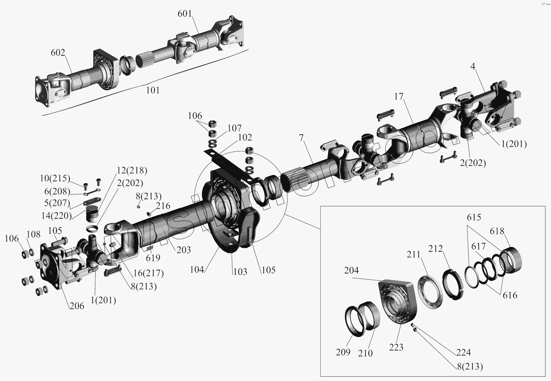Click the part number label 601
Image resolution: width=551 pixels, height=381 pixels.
click(185, 14)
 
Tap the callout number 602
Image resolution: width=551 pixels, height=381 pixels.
click(58, 53)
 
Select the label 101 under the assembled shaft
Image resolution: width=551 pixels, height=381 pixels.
click(153, 90)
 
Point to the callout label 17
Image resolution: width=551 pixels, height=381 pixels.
click(399, 97)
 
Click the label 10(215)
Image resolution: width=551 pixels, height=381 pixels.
click(55, 178)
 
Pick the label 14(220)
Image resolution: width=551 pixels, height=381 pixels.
click(56, 215)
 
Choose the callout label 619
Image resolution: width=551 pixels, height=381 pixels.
click(153, 258)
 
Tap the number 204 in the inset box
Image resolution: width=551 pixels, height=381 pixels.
click(352, 271)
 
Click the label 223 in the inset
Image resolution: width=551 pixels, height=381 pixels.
click(396, 347)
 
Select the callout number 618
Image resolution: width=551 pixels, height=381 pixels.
click(497, 231)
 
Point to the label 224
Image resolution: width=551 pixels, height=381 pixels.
click(463, 352)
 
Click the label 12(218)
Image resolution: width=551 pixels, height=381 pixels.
click(132, 171)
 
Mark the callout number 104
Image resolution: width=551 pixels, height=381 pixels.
click(197, 269)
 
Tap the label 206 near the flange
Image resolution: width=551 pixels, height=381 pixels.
click(77, 306)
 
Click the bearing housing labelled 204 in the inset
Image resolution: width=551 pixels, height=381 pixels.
click(397, 301)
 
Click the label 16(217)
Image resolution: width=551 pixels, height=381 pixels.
click(148, 273)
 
